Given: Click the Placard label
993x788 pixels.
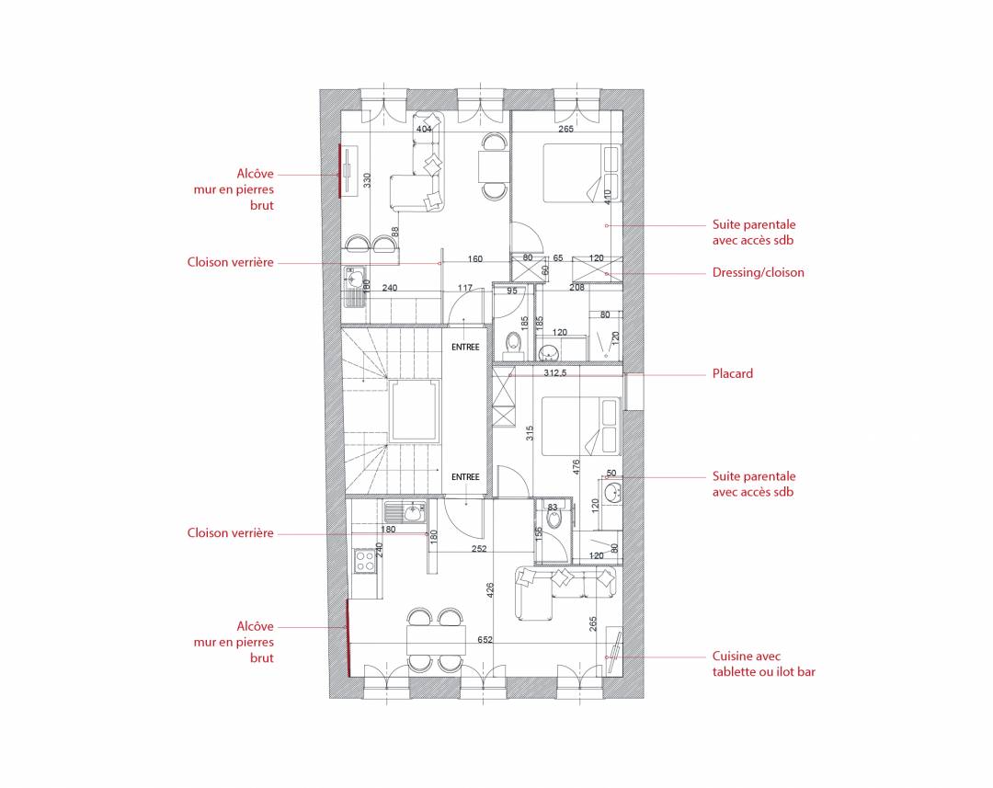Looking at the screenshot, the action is [x=733, y=373].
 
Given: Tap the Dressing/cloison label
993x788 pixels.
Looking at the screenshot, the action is [x=758, y=272].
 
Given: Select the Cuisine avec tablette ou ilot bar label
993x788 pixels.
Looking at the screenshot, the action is [x=764, y=664].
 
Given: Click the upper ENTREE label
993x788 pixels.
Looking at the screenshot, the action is [x=465, y=348].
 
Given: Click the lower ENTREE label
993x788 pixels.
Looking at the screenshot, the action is [x=465, y=477].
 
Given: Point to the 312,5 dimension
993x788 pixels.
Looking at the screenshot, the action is [x=554, y=373].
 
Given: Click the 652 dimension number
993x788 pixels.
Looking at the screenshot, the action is [x=485, y=640].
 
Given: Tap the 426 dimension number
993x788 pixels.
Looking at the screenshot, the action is [x=489, y=590].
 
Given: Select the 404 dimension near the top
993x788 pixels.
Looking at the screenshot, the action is [x=424, y=130].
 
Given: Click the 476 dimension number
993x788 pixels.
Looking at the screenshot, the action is [x=576, y=467].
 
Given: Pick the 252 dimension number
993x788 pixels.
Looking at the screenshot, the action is [x=479, y=549].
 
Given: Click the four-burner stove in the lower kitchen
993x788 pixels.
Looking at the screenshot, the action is [x=364, y=561].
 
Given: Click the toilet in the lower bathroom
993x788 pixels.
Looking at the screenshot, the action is [x=554, y=519].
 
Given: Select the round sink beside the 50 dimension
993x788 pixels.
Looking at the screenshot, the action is [x=611, y=492].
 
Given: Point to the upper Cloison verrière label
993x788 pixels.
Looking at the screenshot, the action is [x=231, y=262].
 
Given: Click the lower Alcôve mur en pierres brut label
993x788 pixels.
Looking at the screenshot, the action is [x=234, y=642].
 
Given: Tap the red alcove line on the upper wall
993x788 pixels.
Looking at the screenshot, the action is [x=340, y=171].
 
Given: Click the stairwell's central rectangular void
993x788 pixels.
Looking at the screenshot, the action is [x=414, y=412].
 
